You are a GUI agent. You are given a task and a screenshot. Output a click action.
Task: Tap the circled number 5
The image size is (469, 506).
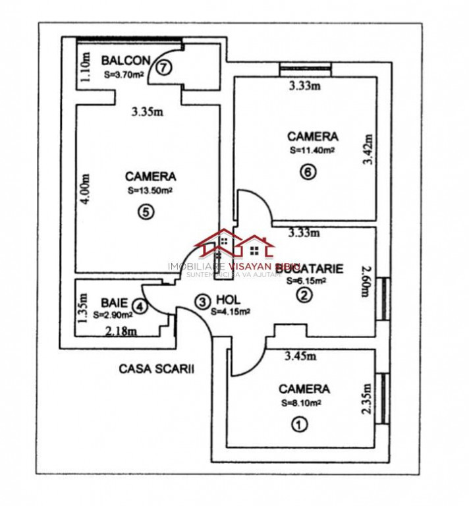(x=146, y=211)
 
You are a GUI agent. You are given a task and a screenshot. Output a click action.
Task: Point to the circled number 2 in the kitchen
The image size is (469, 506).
(x=304, y=296)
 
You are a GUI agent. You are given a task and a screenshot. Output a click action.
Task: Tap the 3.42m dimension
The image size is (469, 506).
(x=368, y=151)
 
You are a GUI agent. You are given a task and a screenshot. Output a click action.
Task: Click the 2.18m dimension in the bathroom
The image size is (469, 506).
(x=121, y=331)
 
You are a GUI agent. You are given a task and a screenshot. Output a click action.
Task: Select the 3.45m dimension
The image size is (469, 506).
(x=300, y=356)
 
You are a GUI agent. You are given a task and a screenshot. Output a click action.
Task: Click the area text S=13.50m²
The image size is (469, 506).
(x=150, y=190)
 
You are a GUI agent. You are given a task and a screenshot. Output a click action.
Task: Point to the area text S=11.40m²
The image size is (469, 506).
(x=312, y=150)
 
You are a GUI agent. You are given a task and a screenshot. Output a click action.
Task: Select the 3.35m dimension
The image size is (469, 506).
(x=146, y=112)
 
